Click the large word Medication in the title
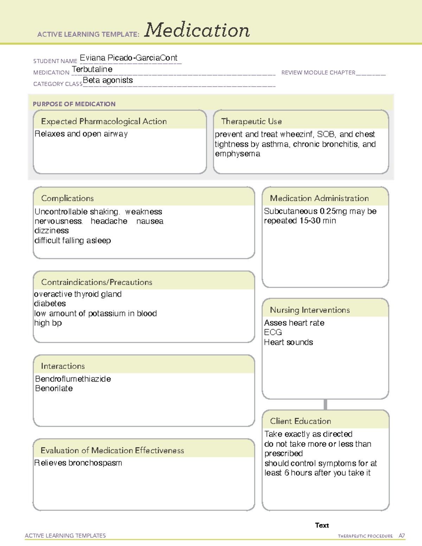[197, 30]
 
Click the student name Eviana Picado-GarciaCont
[128, 58]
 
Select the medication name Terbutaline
[92, 69]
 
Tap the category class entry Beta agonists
[108, 80]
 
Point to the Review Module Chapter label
[318, 73]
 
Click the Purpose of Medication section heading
[74, 104]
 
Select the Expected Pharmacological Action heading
[104, 122]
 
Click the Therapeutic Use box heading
[251, 122]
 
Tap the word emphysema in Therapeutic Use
[237, 154]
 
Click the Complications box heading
[67, 198]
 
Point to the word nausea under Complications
[150, 221]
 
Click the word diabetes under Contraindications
[50, 303]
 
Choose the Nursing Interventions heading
[310, 310]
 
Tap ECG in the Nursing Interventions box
[273, 332]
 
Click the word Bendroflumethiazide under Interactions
[73, 379]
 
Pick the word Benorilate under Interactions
[54, 388]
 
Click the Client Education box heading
[300, 421]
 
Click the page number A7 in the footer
[402, 536]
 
